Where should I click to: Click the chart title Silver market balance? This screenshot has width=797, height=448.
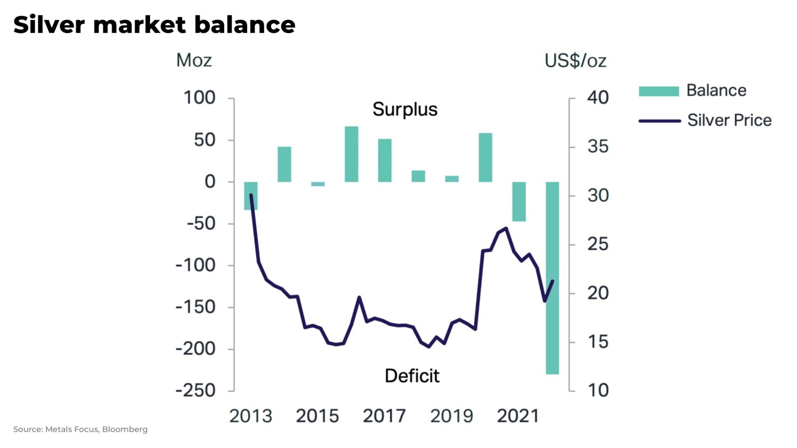pyautogui.click(x=154, y=25)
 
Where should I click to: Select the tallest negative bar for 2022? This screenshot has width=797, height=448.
pyautogui.click(x=552, y=278)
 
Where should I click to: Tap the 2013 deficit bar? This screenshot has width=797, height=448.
pyautogui.click(x=251, y=195)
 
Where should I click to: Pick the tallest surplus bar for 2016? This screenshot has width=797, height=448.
pyautogui.click(x=351, y=154)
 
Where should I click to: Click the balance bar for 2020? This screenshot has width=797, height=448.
pyautogui.click(x=485, y=157)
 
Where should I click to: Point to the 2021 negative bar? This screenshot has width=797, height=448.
pyautogui.click(x=519, y=201)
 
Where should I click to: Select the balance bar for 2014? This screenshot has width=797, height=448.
pyautogui.click(x=284, y=164)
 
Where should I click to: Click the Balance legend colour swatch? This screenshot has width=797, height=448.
pyautogui.click(x=659, y=91)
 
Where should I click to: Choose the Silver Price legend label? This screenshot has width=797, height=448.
pyautogui.click(x=729, y=120)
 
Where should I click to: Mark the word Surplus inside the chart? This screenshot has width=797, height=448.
pyautogui.click(x=405, y=109)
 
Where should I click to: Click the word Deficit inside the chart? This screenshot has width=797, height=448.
pyautogui.click(x=412, y=376)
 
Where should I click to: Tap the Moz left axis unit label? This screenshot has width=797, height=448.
pyautogui.click(x=194, y=60)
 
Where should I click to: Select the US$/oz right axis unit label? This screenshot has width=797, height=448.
pyautogui.click(x=575, y=61)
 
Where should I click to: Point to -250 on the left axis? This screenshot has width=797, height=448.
pyautogui.click(x=195, y=390)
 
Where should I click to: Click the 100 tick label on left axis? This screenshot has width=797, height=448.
pyautogui.click(x=199, y=98)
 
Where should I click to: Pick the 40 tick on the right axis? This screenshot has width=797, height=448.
pyautogui.click(x=598, y=98)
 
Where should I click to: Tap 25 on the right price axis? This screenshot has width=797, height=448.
pyautogui.click(x=598, y=244)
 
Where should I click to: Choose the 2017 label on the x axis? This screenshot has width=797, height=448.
pyautogui.click(x=384, y=416)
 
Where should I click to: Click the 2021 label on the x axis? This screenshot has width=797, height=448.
pyautogui.click(x=518, y=416)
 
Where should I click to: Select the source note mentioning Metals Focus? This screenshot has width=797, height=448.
pyautogui.click(x=80, y=429)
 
